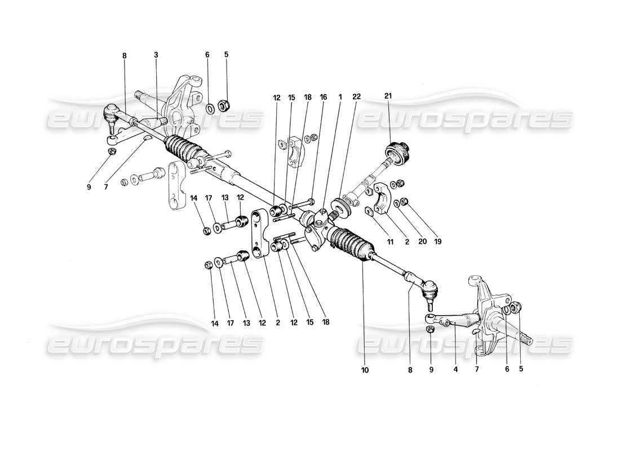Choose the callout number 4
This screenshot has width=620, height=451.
point(455,370)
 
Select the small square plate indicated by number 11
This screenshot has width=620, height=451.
point(370,211)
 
